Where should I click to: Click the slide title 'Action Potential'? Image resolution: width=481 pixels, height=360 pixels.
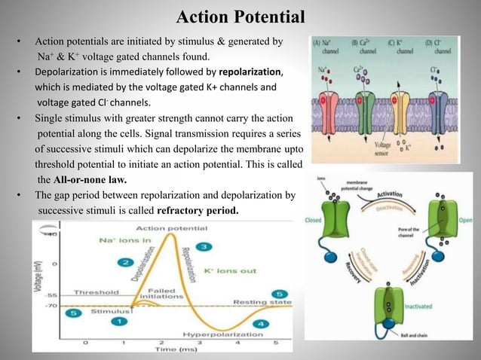240,17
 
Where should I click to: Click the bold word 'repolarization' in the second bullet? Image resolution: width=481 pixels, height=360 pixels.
249,72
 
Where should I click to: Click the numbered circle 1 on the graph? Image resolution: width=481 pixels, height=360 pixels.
117,322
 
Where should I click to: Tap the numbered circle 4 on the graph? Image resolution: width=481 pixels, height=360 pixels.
261,324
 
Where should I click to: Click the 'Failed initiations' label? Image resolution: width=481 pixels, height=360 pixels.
163,292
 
